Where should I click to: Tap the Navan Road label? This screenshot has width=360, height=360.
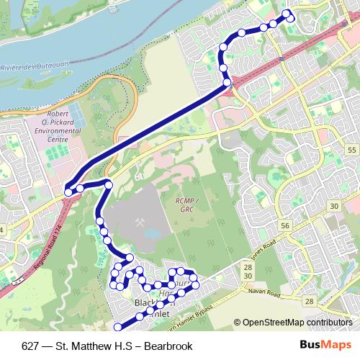264,293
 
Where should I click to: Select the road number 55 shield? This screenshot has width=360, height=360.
351,149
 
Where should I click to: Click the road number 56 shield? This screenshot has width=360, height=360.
285,225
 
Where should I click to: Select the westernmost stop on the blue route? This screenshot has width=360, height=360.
68,192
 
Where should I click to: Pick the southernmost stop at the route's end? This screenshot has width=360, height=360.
119,325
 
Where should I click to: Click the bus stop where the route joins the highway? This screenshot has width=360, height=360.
228,84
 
